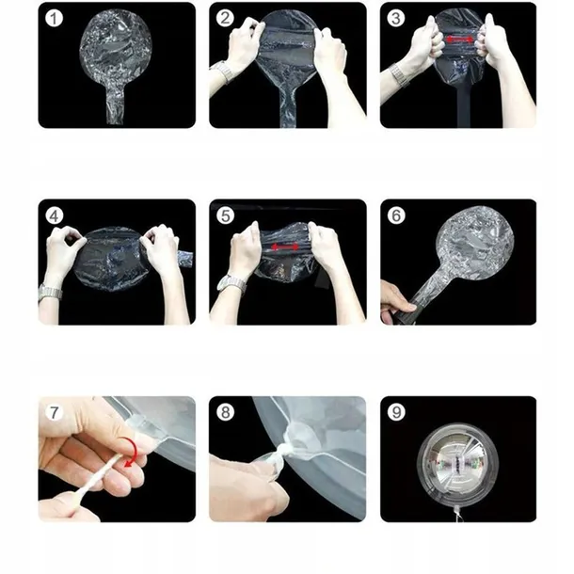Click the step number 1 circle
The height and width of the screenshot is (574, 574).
coord(54,19)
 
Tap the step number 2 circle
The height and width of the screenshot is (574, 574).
coord(225,18)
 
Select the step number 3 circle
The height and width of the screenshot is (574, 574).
coord(396,18)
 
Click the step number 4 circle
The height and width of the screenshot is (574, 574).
coord(54,215)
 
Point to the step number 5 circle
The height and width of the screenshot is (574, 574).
coord(225,215)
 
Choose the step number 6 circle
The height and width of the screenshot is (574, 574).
coord(396,215)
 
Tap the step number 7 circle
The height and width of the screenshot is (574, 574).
coord(54,412)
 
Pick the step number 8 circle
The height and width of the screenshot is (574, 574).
coord(225,412)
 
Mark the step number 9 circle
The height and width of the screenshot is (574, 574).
coord(396,412)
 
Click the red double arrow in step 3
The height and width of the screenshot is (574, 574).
coord(459,40)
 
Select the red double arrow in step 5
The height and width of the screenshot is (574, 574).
coord(285,247)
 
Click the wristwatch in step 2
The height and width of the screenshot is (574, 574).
coord(223,72)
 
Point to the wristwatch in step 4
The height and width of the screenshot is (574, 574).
coord(50,293)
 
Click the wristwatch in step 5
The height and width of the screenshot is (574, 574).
coord(231,283)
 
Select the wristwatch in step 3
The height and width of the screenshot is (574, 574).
coord(400,75)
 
